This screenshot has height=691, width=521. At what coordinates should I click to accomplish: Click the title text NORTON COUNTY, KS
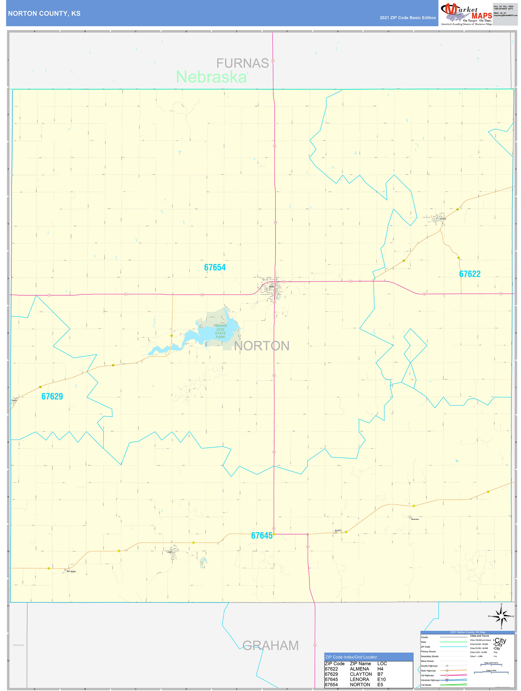pos(44,14)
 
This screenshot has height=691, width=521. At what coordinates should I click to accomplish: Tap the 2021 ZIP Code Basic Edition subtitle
pos(408,18)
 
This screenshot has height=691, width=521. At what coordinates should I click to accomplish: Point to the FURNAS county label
pos(242,64)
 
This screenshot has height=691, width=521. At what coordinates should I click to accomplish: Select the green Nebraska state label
pos(211,77)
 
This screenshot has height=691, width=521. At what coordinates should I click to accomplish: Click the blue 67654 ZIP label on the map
pos(215,267)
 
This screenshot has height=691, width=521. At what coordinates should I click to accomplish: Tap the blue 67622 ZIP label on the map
pos(469,274)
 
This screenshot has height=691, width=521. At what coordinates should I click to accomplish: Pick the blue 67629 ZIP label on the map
pos(52,397)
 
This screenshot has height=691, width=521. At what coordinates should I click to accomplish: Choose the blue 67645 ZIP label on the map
pos(262,536)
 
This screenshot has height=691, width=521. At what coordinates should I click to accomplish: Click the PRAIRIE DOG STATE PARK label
pos(220,331)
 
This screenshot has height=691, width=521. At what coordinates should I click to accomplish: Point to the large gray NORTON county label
pos(262,346)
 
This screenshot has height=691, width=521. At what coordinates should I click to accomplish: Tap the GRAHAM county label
pos(270,645)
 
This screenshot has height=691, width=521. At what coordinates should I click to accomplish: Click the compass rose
pos(501,616)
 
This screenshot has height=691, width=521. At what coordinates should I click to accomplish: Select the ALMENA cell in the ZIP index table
pos(359,669)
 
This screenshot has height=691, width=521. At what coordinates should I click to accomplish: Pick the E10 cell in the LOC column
pos(381,680)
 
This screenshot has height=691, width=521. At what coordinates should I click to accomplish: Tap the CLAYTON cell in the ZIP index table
pos(361,674)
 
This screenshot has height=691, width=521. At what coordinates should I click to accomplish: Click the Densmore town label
pos(415,519)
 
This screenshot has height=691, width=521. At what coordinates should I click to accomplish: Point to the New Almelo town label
pos(71,571)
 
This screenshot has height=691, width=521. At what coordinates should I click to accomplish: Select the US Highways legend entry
pos(427,675)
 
